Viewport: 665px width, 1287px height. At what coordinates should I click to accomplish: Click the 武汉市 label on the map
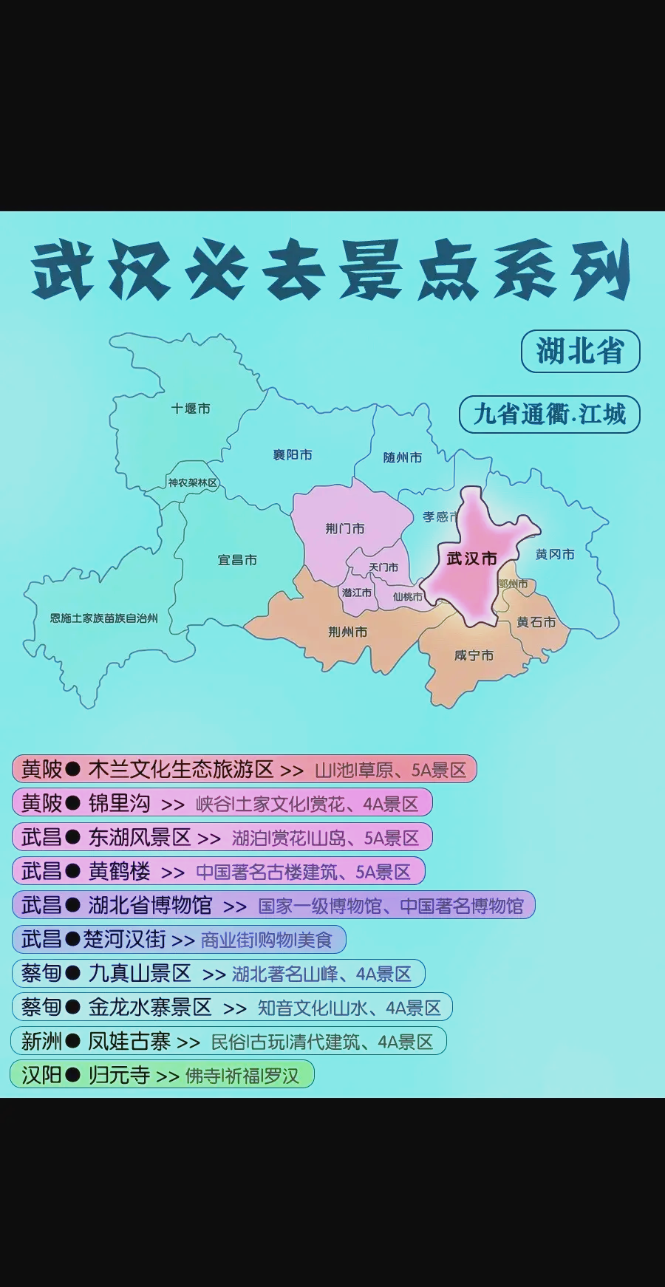pos(471,559)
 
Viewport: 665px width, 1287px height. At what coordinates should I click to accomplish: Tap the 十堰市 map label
pos(191,409)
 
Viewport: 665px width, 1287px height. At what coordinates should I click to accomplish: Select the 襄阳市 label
pos(293,455)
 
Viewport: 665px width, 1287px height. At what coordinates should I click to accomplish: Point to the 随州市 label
pos(403,457)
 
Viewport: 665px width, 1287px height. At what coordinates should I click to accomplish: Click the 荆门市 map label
pos(345,528)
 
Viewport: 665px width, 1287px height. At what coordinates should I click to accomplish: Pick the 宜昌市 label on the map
pos(237,560)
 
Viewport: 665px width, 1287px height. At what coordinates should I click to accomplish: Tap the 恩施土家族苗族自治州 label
pos(103,618)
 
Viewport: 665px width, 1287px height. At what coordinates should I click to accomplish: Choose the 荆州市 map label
pos(347,632)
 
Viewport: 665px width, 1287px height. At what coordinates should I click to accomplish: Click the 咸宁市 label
pos(474,655)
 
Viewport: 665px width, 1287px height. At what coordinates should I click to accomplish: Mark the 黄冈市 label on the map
pos(555,554)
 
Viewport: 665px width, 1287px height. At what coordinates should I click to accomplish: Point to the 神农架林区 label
pos(193,483)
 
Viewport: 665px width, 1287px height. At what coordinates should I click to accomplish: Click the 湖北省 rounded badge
pos(580,352)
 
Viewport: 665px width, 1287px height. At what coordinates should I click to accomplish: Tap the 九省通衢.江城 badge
pos(549,414)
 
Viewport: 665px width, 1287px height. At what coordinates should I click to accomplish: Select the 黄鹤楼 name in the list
pos(119,872)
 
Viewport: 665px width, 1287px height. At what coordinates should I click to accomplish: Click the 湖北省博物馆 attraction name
pos(150,906)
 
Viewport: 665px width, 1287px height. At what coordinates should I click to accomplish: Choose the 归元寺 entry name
pos(119,1075)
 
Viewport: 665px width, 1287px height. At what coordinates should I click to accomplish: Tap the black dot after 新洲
pos(72,1042)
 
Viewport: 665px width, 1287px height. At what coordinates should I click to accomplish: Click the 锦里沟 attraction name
pos(119,804)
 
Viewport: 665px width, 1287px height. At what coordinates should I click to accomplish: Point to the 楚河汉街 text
pos(124,940)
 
